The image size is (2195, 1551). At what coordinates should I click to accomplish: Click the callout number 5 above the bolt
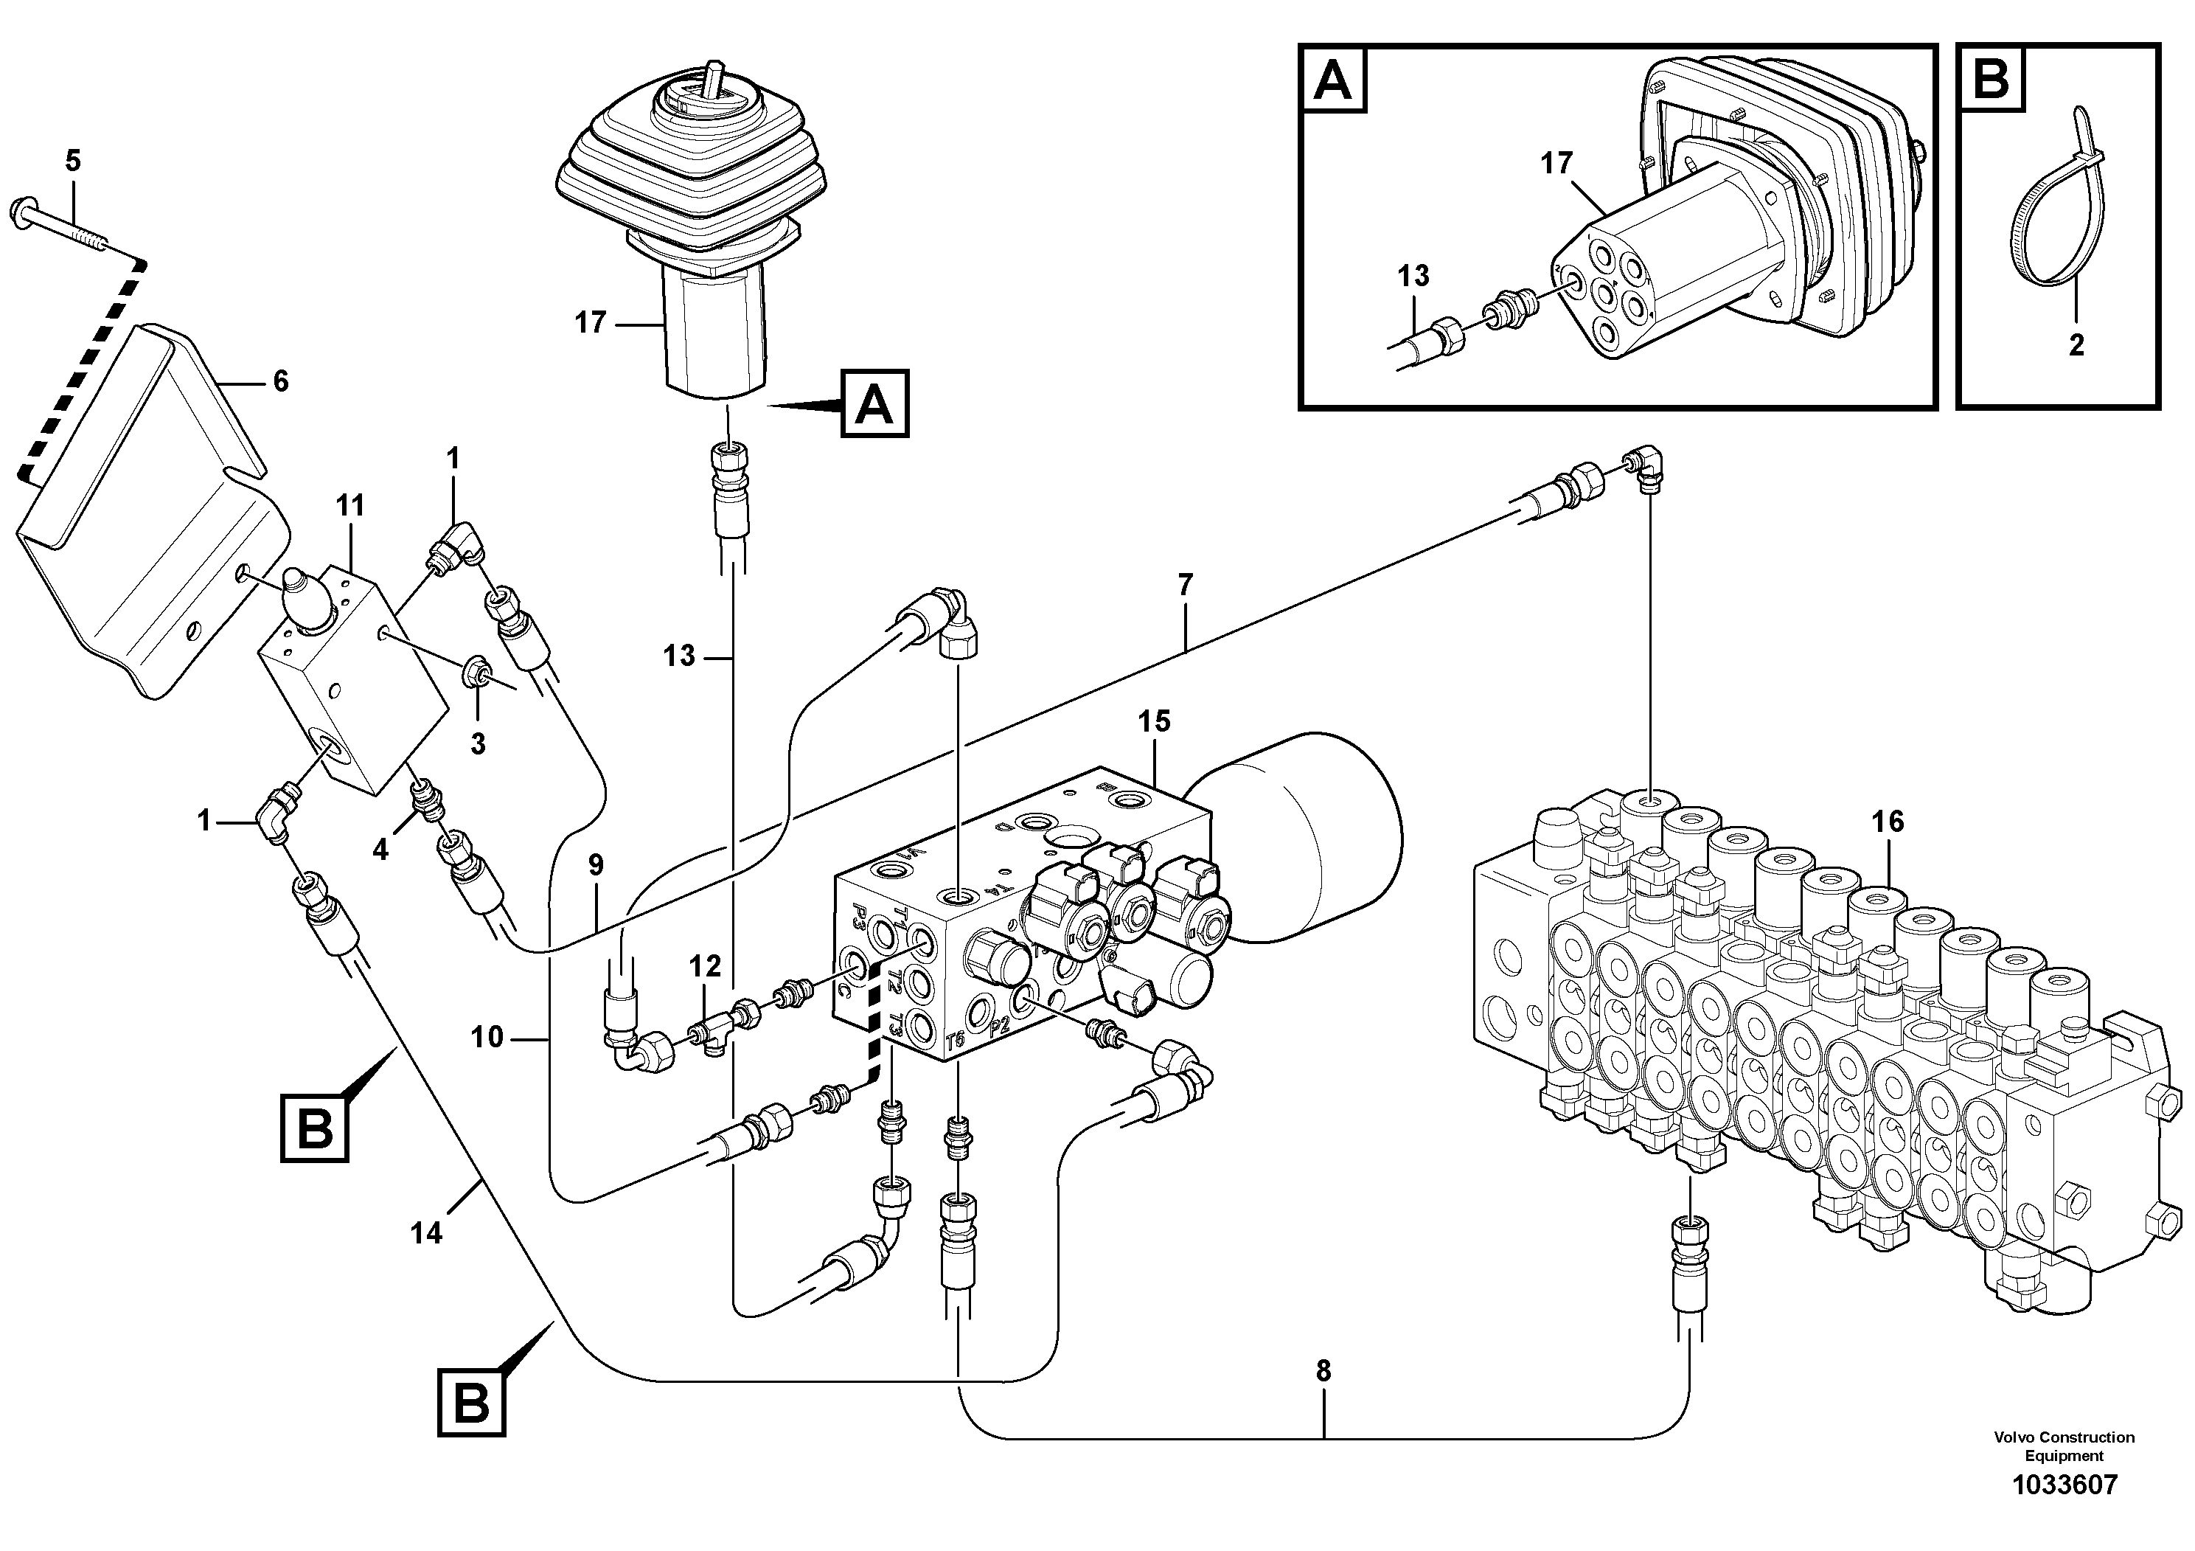click(74, 160)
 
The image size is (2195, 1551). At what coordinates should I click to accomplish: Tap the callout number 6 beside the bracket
click(280, 381)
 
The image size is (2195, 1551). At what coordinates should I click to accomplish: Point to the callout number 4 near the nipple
click(380, 848)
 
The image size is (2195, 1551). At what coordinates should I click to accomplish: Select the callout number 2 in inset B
click(2076, 345)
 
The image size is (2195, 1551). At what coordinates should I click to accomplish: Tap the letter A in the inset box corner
click(1334, 80)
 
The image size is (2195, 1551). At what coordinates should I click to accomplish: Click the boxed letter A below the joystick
click(874, 404)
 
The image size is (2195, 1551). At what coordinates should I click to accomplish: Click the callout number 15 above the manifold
click(1154, 721)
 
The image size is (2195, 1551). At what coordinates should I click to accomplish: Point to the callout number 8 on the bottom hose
click(1323, 1371)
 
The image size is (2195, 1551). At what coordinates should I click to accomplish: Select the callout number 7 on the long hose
click(1186, 584)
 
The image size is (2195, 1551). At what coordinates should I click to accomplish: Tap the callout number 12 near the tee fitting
click(706, 967)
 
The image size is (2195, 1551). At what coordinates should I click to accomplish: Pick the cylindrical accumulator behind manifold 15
click(1309, 842)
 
